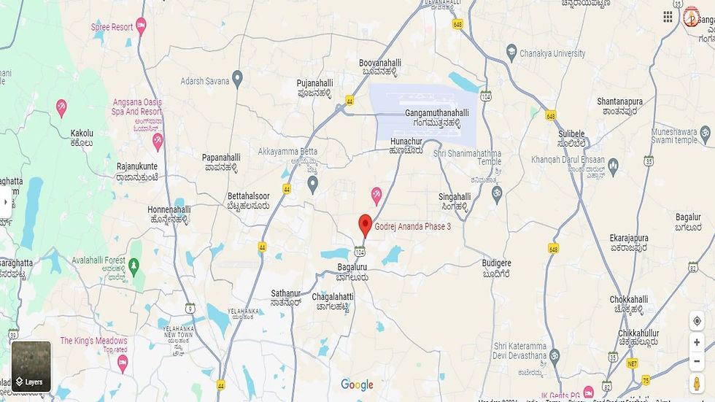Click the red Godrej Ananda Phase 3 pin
click(x=366, y=225)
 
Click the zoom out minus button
click(x=697, y=361)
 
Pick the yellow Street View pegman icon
click(x=697, y=384)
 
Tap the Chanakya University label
click(x=552, y=53)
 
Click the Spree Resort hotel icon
click(x=142, y=27)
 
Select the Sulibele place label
click(x=572, y=134)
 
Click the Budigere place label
click(x=497, y=263)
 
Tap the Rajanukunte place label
click(x=137, y=166)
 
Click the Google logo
click(x=357, y=385)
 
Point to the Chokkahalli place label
click(x=629, y=299)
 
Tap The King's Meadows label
click(x=93, y=341)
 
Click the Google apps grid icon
click(x=668, y=17)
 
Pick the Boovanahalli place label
click(x=380, y=63)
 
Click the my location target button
click(x=697, y=322)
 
